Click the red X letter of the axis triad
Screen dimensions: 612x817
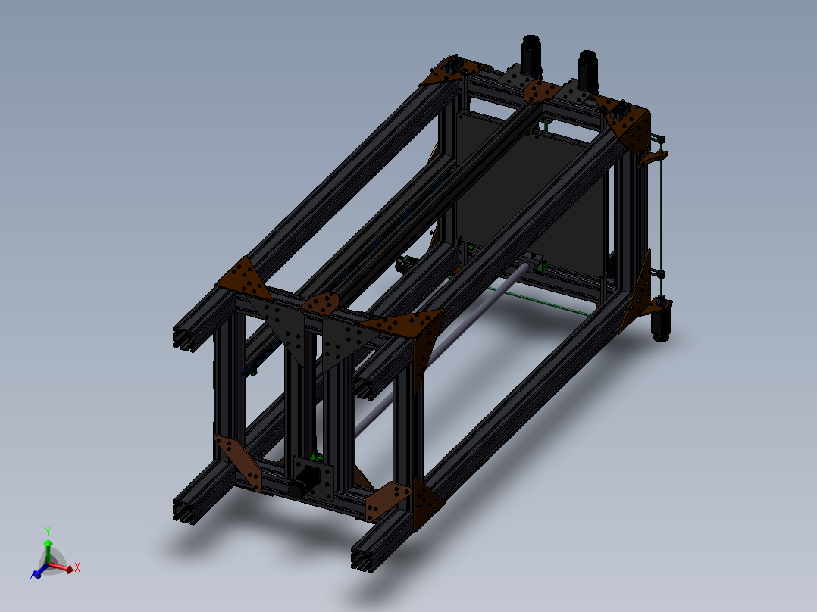77,567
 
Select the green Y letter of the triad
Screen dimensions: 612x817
47,531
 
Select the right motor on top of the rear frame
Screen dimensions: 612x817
587,68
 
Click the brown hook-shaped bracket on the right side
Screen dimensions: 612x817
653,157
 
